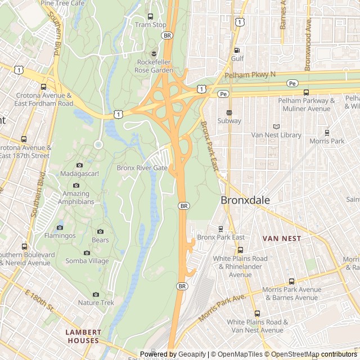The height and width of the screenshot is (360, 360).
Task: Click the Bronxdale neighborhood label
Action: click(245, 200)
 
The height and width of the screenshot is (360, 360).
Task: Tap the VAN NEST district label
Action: click(282, 238)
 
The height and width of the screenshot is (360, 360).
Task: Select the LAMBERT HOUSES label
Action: click(82, 336)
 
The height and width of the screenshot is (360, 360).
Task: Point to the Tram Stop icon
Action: click(150, 16)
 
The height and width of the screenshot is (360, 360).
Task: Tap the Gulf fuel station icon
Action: click(237, 50)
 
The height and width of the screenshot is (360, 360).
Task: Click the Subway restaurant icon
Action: click(229, 112)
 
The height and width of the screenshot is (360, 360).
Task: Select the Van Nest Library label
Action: click(276, 135)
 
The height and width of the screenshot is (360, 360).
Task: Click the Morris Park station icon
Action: click(327, 133)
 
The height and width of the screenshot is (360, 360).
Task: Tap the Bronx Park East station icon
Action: click(220, 229)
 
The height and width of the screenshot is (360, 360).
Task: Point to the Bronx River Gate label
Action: click(142, 168)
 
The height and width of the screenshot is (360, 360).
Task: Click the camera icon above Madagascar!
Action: click(79, 165)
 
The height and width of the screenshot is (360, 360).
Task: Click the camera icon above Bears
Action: click(101, 232)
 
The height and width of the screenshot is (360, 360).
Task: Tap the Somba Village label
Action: click(87, 261)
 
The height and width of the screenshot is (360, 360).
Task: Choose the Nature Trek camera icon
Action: click(96, 294)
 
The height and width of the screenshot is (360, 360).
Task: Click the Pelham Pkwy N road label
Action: click(250, 75)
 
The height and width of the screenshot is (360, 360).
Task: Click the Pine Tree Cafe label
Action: click(62, 3)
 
